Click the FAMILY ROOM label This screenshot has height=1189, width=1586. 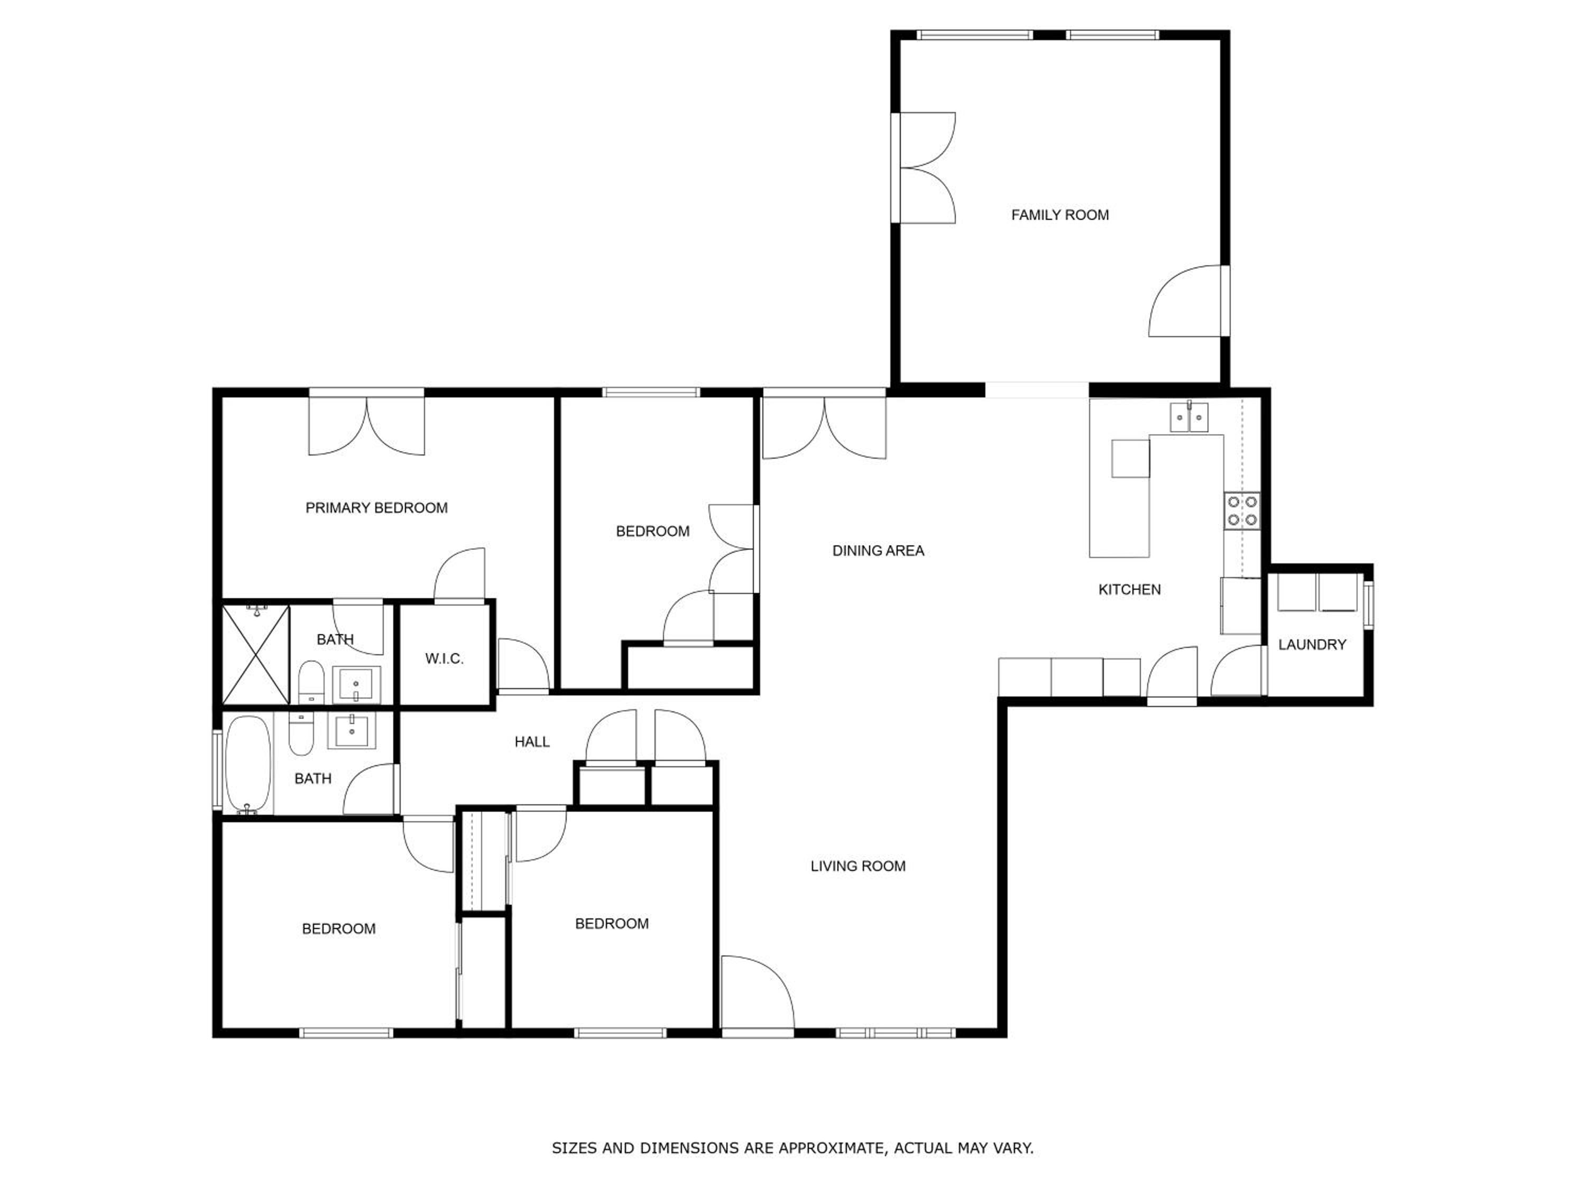1060,215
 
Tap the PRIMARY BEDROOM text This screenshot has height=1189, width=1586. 376,508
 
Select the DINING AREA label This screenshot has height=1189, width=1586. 878,551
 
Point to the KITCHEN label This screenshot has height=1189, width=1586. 1129,590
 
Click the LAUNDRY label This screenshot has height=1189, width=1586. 1312,645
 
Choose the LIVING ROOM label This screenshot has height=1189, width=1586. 858,866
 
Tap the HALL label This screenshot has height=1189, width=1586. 532,742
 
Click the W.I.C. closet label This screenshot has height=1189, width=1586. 445,658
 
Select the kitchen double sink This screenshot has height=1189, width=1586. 1189,417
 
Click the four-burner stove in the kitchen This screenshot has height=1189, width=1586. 1242,510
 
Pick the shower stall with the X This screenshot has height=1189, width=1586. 256,654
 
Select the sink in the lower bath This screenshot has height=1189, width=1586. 352,731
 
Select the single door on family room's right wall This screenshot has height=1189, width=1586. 1185,301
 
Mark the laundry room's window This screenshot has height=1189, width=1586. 1369,606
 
